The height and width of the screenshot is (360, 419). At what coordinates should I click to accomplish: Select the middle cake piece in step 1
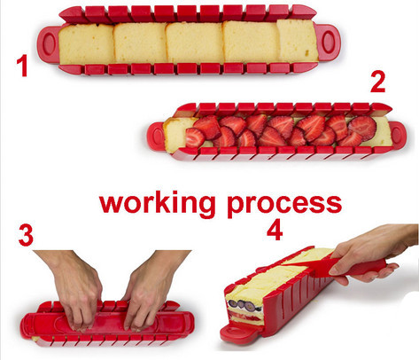[x=194, y=42]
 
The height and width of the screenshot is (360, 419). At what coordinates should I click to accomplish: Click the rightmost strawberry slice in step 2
[x=362, y=127]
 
